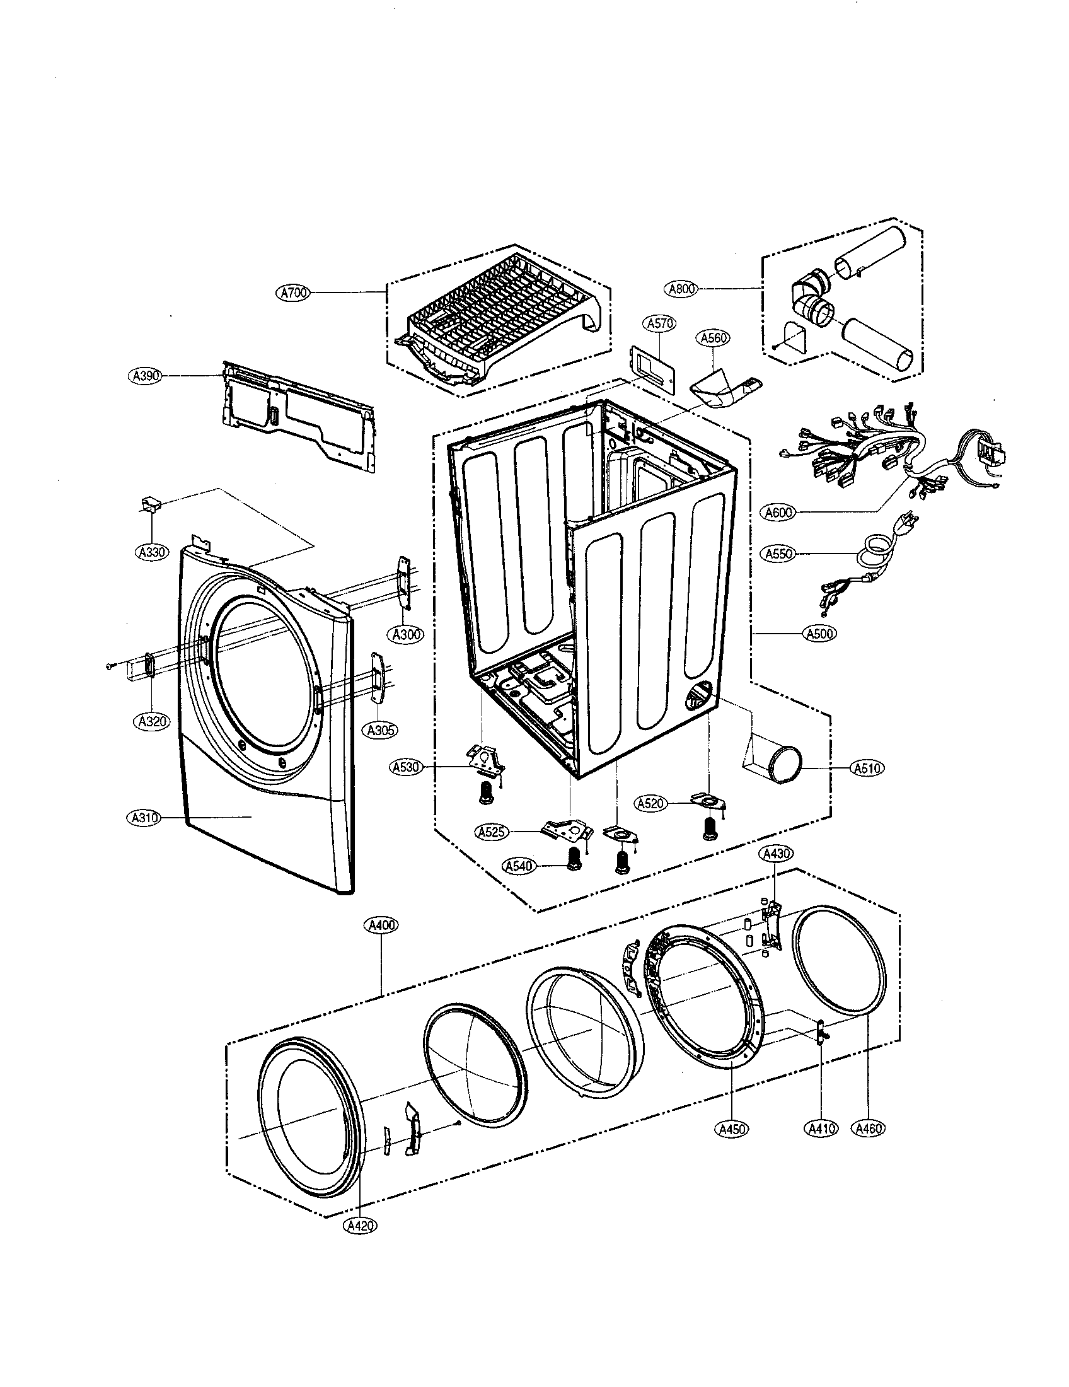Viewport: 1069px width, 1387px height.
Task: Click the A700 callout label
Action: (294, 293)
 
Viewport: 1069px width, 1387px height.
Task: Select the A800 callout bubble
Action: (683, 289)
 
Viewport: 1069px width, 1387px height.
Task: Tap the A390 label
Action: (144, 376)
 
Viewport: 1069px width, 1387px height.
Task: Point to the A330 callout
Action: (153, 552)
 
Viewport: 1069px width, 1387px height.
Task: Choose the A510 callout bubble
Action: (867, 768)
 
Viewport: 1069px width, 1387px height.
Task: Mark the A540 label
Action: (519, 866)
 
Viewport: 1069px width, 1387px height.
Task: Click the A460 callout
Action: (869, 1129)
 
